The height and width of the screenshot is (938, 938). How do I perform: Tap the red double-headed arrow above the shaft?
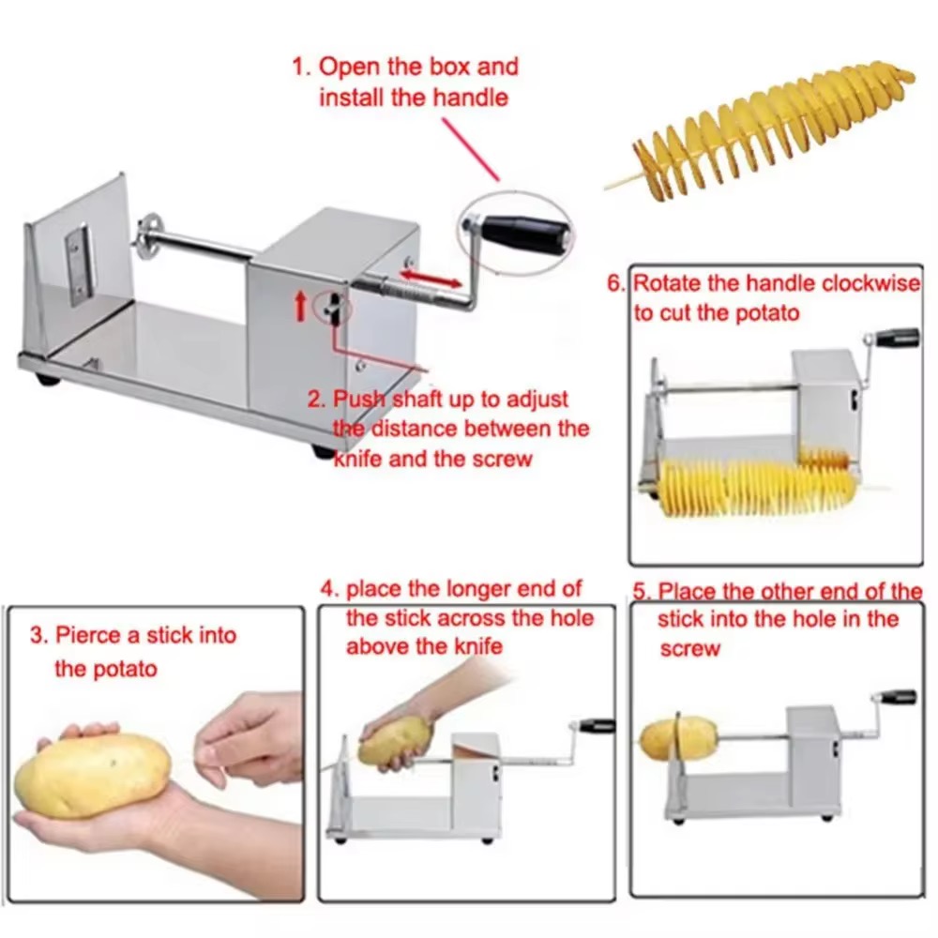[431, 279]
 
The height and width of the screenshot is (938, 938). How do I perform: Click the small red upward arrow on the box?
[301, 305]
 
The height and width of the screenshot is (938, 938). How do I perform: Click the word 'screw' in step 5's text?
[689, 649]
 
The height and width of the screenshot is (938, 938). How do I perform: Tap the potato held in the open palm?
[93, 774]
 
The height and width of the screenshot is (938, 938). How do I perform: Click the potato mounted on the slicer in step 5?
[678, 738]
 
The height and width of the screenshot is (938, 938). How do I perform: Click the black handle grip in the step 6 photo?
[898, 337]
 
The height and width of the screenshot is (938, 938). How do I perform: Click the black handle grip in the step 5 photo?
[898, 698]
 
